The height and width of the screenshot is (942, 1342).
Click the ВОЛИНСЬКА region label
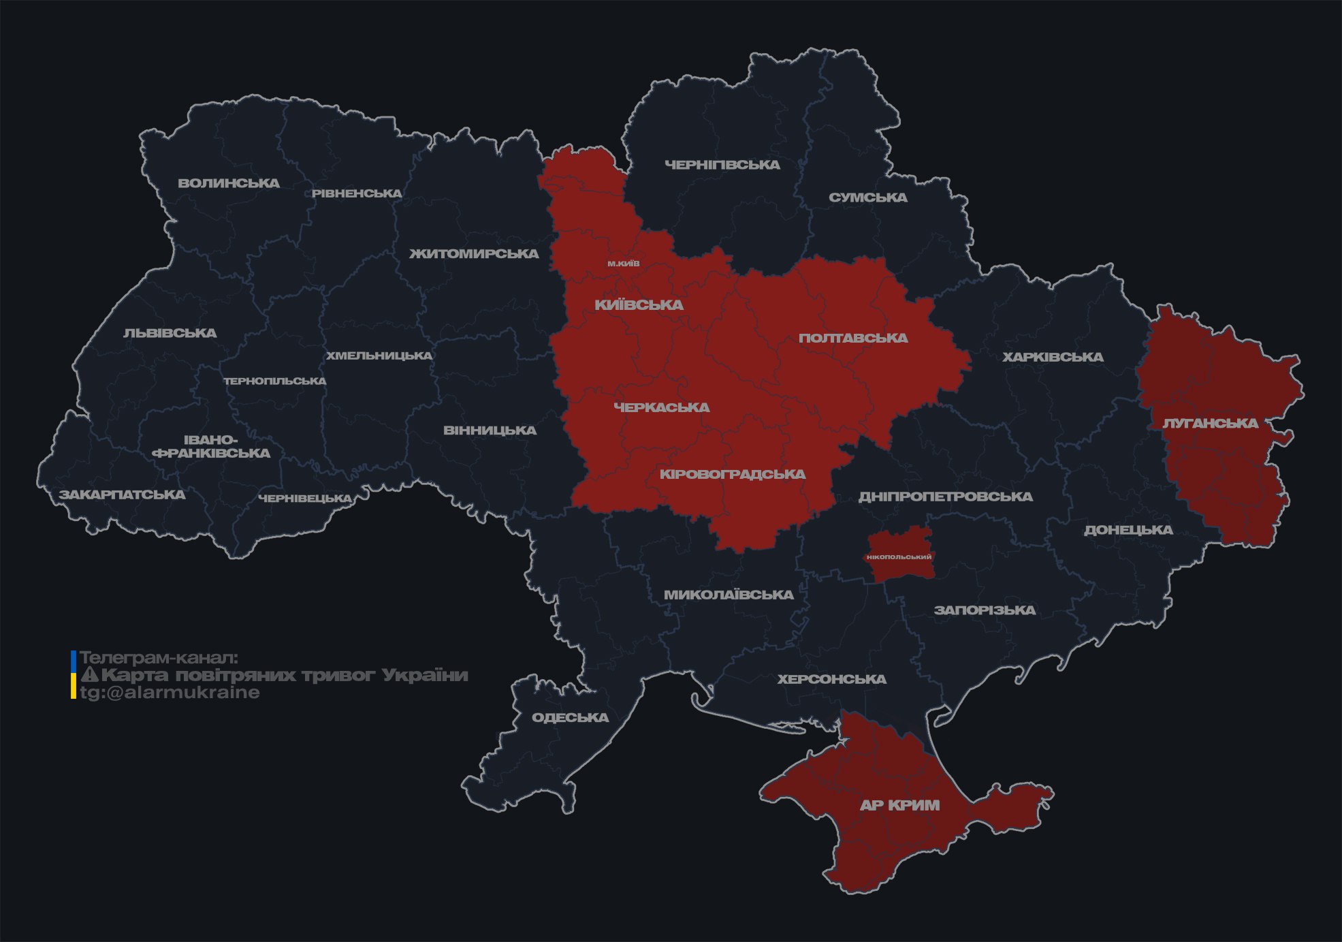tap(228, 183)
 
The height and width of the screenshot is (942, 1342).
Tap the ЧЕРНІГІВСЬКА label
tap(722, 165)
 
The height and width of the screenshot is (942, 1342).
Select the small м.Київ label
tap(623, 263)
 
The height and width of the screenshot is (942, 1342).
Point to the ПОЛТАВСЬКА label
tap(852, 338)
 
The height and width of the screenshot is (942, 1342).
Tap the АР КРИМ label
tap(899, 805)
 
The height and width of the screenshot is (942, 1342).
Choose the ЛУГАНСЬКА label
tap(1210, 423)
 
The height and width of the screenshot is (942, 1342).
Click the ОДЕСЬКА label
tap(570, 717)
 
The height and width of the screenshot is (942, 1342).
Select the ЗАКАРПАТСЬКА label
tap(122, 494)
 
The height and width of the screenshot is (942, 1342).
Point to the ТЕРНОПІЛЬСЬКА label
tap(275, 381)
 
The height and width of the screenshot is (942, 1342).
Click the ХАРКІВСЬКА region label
tap(1052, 357)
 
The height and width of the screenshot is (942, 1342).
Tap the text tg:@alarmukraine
tap(170, 693)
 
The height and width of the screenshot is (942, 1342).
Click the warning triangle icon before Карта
tap(89, 675)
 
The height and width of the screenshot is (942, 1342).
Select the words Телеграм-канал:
tap(159, 658)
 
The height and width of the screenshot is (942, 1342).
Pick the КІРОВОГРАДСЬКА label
tap(732, 474)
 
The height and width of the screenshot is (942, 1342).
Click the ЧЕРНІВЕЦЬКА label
tap(304, 499)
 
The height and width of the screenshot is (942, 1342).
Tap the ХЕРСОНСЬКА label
tap(831, 679)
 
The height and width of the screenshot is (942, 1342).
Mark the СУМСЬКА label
tap(867, 198)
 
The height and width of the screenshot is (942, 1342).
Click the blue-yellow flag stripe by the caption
tap(74, 675)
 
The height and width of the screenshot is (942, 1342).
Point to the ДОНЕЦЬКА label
tap(1128, 530)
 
